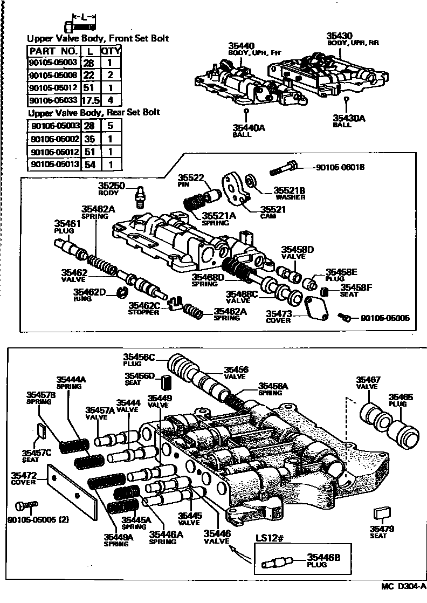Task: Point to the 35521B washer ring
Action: [250, 180]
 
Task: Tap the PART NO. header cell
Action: [53, 50]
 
